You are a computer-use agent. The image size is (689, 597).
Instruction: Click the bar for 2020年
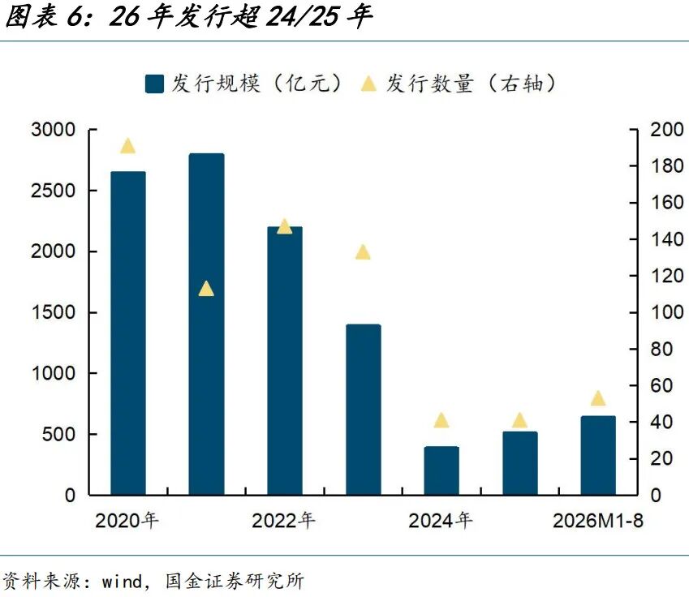click(x=128, y=333)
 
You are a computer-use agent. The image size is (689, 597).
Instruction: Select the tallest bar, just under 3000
click(x=206, y=324)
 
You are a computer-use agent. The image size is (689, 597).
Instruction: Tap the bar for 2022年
click(x=285, y=361)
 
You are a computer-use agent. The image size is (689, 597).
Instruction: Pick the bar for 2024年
click(x=441, y=470)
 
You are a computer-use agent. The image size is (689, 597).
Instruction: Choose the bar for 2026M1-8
click(x=598, y=455)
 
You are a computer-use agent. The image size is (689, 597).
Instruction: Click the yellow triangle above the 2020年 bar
click(x=128, y=146)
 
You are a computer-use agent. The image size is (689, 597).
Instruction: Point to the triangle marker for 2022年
click(x=285, y=226)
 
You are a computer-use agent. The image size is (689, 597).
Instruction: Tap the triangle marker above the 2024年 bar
click(x=441, y=420)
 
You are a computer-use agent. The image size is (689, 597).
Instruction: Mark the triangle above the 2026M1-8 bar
click(x=598, y=398)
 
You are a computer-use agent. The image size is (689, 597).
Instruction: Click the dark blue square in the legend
click(x=154, y=84)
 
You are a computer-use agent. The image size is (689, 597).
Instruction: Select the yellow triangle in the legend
click(x=368, y=84)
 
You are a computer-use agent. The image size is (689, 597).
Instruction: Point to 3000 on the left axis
click(x=54, y=130)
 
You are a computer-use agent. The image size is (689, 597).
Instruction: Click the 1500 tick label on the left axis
click(x=54, y=312)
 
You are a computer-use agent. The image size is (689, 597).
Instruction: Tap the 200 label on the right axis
click(x=666, y=130)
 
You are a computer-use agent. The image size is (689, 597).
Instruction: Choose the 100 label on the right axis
click(x=666, y=312)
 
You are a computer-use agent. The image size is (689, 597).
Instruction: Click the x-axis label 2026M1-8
click(x=598, y=521)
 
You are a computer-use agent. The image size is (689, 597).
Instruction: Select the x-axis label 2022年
click(x=283, y=521)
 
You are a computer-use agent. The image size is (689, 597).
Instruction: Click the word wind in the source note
click(x=122, y=582)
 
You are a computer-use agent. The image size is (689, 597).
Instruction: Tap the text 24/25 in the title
click(x=303, y=16)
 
